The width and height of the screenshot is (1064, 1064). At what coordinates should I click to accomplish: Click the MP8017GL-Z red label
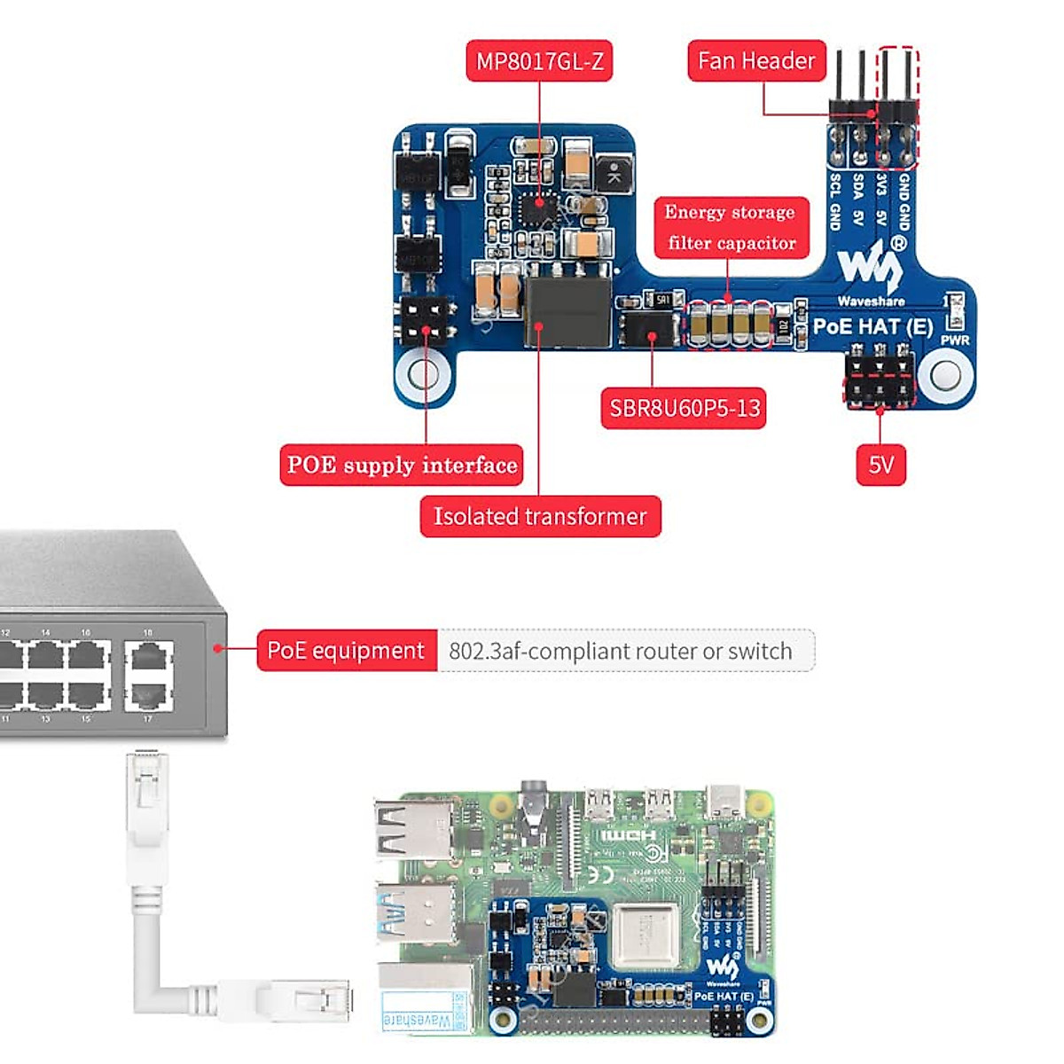pos(539,61)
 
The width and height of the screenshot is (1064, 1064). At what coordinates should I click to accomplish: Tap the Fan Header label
pos(756,60)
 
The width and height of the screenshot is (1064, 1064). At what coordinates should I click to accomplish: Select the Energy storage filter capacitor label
pos(731,227)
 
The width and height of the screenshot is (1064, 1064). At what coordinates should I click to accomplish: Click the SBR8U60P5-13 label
pos(684,409)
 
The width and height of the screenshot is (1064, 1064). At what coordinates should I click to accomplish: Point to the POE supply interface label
pos(402,465)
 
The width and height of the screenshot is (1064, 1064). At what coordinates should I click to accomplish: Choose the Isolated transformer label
pos(540,516)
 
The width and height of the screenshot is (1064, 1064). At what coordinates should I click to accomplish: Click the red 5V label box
pos(880,465)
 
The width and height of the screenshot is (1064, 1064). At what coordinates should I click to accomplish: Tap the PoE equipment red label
pos(346,650)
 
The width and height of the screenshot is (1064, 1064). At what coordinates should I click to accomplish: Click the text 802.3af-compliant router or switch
pos(621,651)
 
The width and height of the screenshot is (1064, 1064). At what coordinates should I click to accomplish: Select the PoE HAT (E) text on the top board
pos(872,327)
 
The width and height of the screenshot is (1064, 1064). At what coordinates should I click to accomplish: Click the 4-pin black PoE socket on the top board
pos(427,321)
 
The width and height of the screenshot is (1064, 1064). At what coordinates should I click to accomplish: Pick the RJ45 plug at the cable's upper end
pos(146,794)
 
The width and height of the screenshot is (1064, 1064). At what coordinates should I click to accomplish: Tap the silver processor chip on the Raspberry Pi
pos(645,937)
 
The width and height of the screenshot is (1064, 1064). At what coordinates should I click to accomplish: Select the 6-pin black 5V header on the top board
pos(880,379)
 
